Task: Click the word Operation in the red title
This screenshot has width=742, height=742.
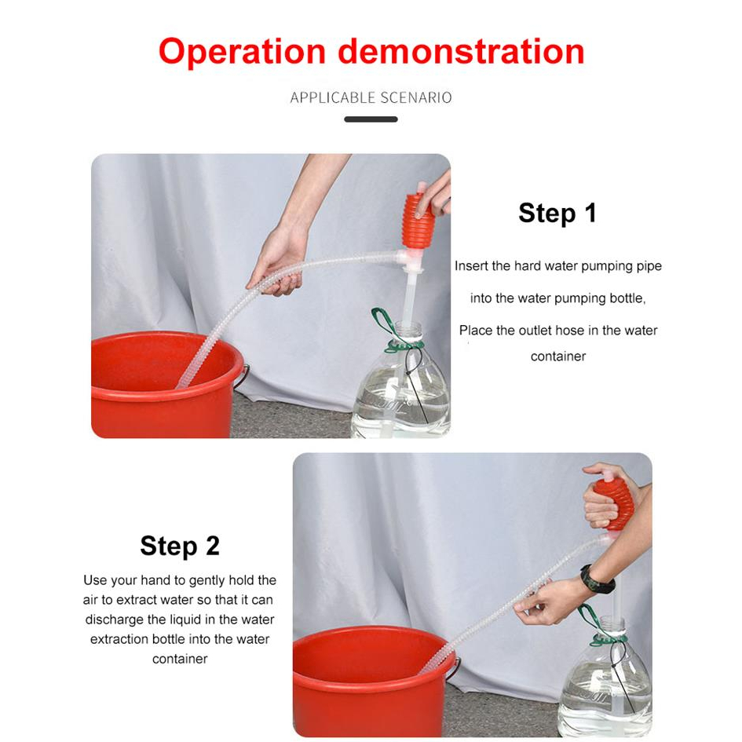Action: [243, 53]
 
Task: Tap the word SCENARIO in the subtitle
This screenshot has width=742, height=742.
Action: [416, 97]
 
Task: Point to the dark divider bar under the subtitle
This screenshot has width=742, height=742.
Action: [371, 119]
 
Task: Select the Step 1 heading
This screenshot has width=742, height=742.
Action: [557, 213]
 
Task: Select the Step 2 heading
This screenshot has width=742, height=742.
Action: [180, 546]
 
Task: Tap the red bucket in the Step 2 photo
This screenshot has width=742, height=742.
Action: [371, 682]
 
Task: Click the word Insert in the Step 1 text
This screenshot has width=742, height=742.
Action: [471, 266]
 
